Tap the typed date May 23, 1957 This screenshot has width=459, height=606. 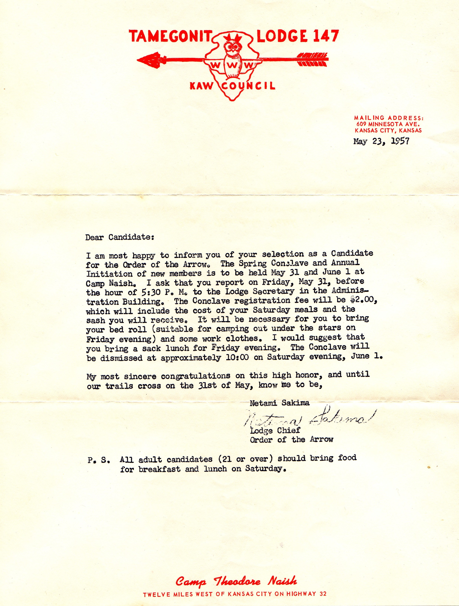(381, 141)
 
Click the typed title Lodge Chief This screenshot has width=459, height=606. (275, 430)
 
